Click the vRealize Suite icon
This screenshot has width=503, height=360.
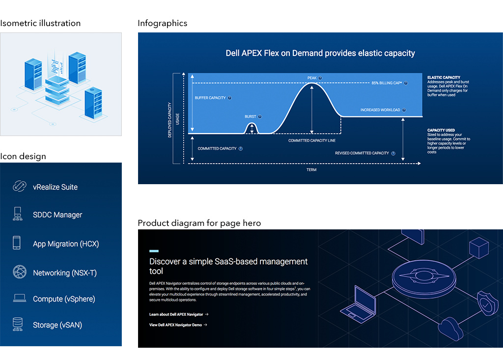tap(19, 187)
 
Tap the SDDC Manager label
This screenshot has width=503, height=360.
tap(57, 215)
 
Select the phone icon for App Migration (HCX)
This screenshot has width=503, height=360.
tap(17, 243)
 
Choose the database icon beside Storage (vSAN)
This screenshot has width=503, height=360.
tap(18, 324)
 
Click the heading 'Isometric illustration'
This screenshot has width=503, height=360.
tap(40, 23)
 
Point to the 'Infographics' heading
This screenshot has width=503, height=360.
tap(162, 23)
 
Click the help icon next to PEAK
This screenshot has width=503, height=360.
tap(320, 78)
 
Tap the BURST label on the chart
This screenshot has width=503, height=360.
tap(250, 117)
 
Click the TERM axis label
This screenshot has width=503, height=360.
tap(311, 170)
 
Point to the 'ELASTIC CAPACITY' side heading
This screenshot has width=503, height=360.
tap(444, 78)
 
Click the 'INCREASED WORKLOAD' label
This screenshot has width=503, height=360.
tap(380, 110)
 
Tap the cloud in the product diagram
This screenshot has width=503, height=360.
tap(451, 328)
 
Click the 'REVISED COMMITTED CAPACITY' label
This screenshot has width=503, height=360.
tap(362, 153)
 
